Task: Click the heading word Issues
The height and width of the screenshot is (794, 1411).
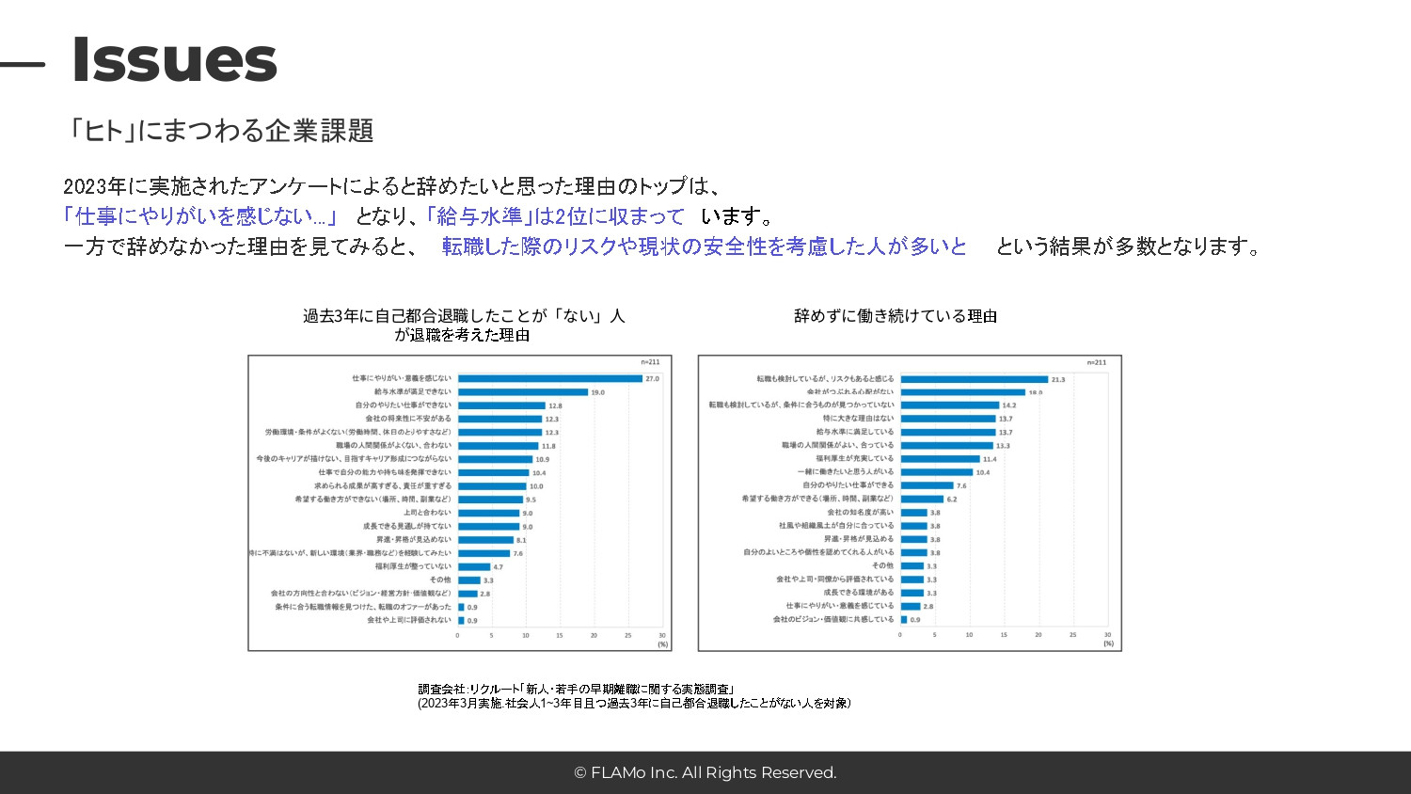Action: pos(174,59)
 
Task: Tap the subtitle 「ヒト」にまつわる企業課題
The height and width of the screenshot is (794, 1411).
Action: pos(222,131)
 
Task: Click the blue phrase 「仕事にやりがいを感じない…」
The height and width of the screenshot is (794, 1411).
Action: pos(200,216)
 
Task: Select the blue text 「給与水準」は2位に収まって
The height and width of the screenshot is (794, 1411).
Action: pos(555,216)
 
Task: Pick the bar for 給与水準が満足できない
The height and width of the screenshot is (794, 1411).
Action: pos(522,392)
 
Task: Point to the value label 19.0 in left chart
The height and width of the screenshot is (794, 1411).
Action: pos(597,392)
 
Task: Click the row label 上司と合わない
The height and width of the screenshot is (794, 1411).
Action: pos(427,513)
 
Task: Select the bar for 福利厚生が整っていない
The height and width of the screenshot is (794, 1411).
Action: pos(474,566)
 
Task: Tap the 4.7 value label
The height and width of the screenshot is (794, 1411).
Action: pos(498,567)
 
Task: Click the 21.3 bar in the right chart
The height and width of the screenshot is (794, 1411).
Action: pos(974,379)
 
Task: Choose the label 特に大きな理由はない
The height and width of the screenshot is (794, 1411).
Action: pos(858,419)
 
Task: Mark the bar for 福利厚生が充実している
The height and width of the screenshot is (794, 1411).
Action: pos(940,459)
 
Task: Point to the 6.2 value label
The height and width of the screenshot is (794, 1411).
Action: pos(952,500)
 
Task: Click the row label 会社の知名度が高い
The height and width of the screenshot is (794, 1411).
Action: pos(860,513)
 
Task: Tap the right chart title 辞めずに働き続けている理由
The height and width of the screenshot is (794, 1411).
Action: pos(895,316)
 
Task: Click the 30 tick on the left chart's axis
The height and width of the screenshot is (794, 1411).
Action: pos(662,635)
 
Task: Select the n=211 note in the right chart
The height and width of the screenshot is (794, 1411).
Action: pos(1097,362)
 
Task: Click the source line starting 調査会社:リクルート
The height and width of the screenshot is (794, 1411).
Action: pos(576,690)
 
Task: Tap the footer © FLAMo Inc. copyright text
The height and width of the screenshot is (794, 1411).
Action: pos(705,772)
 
